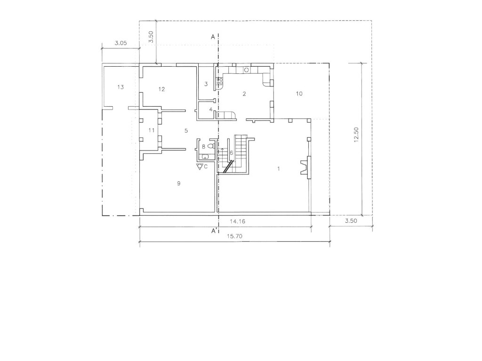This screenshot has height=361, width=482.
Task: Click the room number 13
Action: point(120,87)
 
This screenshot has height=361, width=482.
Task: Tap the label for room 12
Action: point(162,89)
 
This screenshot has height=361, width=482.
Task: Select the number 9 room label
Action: point(179,183)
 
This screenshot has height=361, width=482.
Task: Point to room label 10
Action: point(299,94)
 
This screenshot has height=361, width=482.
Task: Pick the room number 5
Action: point(186,130)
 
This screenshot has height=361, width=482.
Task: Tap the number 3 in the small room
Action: point(206,84)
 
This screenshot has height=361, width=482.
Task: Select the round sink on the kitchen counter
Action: point(246,70)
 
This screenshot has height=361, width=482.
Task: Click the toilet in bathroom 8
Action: point(210,147)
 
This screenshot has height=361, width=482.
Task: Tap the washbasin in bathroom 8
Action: point(205,157)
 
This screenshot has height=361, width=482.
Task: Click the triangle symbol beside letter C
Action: point(200,166)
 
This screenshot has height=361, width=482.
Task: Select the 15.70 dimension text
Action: point(234,236)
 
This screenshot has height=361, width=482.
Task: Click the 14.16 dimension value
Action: point(238,221)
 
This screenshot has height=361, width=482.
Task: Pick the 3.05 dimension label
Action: point(120,43)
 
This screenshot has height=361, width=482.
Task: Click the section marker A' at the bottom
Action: point(213,231)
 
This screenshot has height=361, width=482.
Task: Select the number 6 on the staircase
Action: point(232,153)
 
